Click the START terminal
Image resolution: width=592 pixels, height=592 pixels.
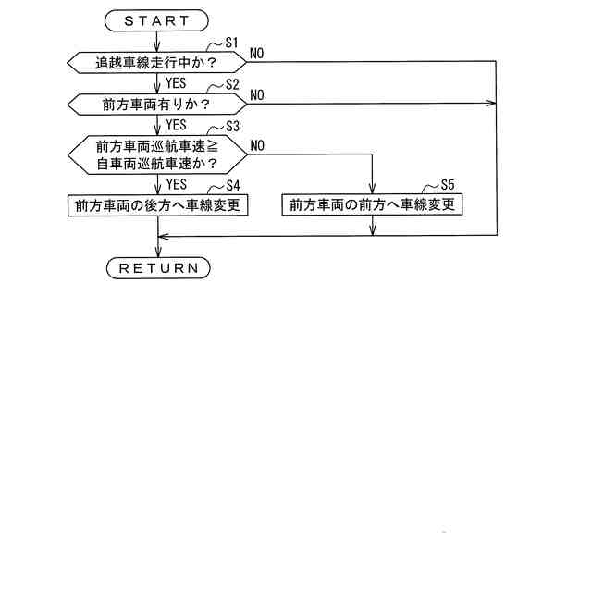[157, 19]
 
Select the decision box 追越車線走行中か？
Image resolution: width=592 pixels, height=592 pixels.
[157, 62]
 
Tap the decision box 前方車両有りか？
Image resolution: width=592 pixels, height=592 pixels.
[157, 104]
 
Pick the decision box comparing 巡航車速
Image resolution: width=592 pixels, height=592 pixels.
[157, 154]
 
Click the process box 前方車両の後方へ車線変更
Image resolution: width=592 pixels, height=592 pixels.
[157, 204]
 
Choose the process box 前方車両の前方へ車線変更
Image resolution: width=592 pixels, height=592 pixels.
[372, 204]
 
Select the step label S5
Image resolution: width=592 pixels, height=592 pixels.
[448, 184]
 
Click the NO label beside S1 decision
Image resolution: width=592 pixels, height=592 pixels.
[256, 54]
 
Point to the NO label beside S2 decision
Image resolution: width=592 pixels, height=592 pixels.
[256, 95]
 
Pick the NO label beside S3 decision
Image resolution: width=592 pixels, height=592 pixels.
[256, 146]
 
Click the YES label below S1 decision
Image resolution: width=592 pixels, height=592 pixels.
[176, 82]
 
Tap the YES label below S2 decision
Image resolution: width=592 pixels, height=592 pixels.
[176, 124]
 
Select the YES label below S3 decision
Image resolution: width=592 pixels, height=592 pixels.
[176, 184]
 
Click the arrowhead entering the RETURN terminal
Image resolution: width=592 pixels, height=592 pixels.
[158, 253]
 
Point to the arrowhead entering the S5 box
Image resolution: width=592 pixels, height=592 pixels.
[372, 190]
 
